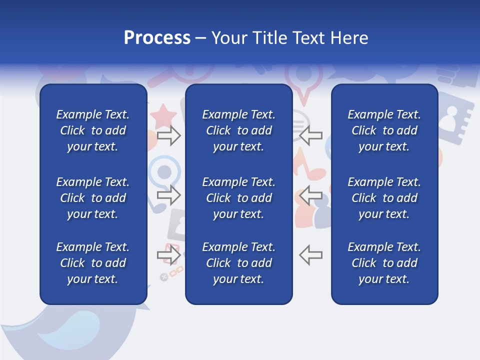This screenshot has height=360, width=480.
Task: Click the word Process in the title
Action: coord(157,38)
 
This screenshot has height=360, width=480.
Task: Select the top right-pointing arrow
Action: coord(169,135)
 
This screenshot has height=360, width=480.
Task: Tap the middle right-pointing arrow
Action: coord(169,195)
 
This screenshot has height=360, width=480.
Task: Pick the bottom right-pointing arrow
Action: coord(169,255)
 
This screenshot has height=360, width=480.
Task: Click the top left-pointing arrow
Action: coord(310,135)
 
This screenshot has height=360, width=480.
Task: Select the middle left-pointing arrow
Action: coord(310,195)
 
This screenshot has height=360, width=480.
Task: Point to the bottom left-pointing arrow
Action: coord(310,255)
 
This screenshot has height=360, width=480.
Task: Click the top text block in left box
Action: coord(93,130)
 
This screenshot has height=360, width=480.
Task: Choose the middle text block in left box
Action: coord(93,198)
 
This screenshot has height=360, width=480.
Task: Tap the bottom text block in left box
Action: coord(93,263)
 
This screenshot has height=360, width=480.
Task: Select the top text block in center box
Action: coord(238,130)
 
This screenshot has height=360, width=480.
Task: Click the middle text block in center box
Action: coord(238,198)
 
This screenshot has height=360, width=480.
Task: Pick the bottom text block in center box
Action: coord(238,263)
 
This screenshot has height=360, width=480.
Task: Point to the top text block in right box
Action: coord(384,130)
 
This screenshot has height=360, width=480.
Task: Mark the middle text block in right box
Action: coord(384,198)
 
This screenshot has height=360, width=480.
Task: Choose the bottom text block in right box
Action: coord(384,263)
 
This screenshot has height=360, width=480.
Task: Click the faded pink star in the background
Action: coord(163,117)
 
